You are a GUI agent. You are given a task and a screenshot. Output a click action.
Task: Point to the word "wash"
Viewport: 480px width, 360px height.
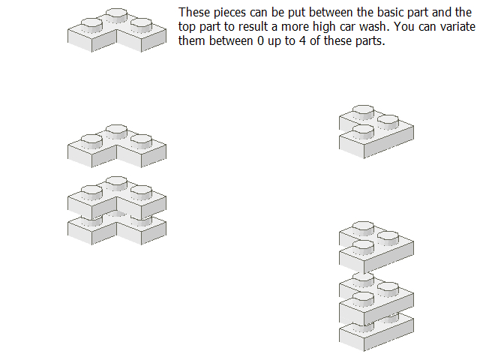click(x=375, y=27)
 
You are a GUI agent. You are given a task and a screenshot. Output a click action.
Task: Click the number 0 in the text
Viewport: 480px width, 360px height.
click(x=260, y=41)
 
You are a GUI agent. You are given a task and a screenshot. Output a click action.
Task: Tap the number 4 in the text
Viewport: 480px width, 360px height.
click(x=302, y=41)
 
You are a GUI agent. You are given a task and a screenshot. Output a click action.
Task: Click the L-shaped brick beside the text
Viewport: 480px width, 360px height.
click(x=117, y=34)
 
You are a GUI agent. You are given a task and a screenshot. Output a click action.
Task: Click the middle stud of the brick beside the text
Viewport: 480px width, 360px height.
click(x=116, y=15)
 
